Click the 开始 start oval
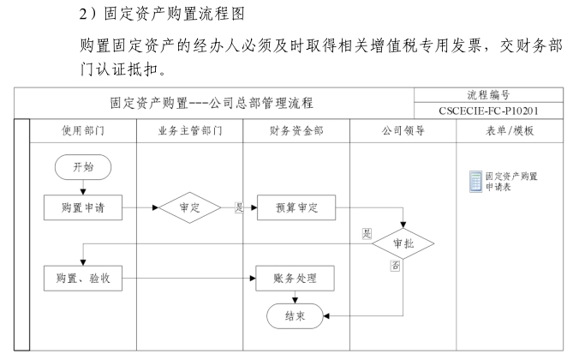pyautogui.click(x=83, y=167)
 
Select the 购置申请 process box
pyautogui.click(x=83, y=207)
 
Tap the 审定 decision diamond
pyautogui.click(x=190, y=207)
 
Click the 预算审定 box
pyautogui.click(x=295, y=207)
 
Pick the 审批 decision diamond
pyautogui.click(x=403, y=243)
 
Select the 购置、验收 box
pyautogui.click(x=83, y=278)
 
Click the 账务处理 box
pyautogui.click(x=295, y=278)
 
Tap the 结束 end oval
pyautogui.click(x=295, y=315)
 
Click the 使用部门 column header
pyautogui.click(x=83, y=130)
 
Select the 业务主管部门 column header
pyautogui.click(x=190, y=130)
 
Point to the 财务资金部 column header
pyautogui.click(x=295, y=130)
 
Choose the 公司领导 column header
pyautogui.click(x=403, y=130)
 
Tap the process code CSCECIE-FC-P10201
pyautogui.click(x=502, y=111)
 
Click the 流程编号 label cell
pyautogui.click(x=502, y=94)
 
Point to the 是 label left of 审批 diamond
pyautogui.click(x=367, y=233)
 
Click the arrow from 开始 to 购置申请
pyautogui.click(x=83, y=188)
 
